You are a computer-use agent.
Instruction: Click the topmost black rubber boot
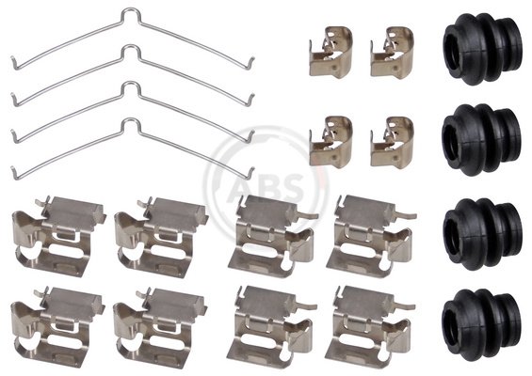(x=482, y=49)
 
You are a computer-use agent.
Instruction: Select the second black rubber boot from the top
(x=481, y=140)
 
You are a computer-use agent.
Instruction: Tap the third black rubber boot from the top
(x=482, y=234)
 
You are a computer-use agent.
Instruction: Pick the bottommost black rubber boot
(x=481, y=324)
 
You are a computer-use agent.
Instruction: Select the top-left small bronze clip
(x=330, y=53)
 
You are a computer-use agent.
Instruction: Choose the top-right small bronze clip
(x=392, y=53)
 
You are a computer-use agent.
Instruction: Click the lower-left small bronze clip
(x=330, y=142)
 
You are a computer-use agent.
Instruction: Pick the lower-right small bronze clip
(x=392, y=142)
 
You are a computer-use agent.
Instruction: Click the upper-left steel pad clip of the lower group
(x=58, y=236)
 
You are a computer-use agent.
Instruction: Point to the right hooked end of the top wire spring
(x=251, y=63)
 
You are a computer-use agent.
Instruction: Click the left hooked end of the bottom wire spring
(x=14, y=172)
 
